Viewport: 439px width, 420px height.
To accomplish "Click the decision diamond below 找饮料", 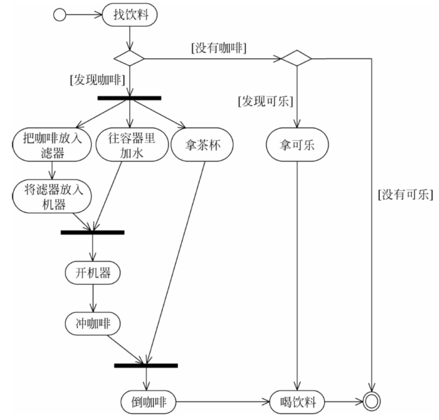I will tap(130, 58).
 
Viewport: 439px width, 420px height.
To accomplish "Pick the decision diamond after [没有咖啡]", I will tap(296, 58).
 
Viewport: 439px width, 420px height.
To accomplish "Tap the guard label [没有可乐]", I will tap(405, 194).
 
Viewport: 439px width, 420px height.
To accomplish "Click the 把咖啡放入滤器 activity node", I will tap(51, 146).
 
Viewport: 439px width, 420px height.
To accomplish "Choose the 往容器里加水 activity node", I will tap(131, 146).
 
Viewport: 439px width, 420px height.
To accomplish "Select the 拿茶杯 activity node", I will tap(195, 145).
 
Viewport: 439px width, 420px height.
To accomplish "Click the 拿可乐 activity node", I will tap(298, 145).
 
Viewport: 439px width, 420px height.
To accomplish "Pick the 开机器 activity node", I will tap(92, 272).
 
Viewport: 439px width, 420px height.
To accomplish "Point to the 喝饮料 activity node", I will tap(298, 402).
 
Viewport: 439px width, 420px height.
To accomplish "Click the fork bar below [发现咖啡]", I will tap(129, 99).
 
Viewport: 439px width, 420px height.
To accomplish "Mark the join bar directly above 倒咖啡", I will tap(145, 366).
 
